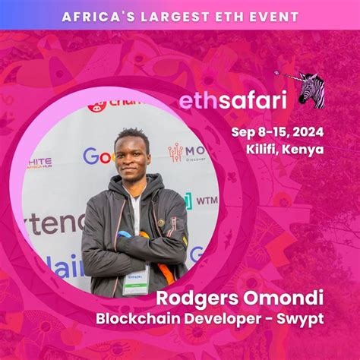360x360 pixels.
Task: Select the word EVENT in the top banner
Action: (270, 16)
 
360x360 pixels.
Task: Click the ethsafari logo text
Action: (222, 100)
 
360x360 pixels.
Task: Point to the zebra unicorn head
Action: (309, 90)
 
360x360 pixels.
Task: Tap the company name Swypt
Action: (304, 317)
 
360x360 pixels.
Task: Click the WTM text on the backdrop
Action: (206, 201)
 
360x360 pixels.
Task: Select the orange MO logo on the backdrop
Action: (186, 153)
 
